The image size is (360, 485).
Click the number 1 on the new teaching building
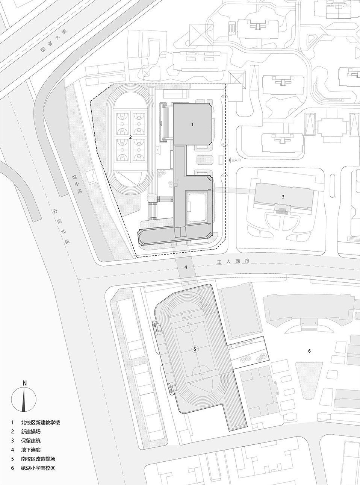tap(192, 124)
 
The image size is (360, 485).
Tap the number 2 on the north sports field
tap(130, 138)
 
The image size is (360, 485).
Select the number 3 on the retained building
tap(283, 196)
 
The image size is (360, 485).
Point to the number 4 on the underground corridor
tap(186, 267)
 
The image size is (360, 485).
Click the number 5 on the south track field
tap(195, 349)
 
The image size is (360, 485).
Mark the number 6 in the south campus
tap(309, 351)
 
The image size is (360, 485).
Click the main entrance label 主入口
tap(236, 160)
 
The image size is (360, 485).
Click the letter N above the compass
tap(24, 383)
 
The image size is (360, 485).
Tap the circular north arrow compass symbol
tap(24, 399)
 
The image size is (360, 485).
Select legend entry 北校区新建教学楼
tap(41, 423)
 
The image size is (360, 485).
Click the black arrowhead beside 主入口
tap(230, 160)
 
